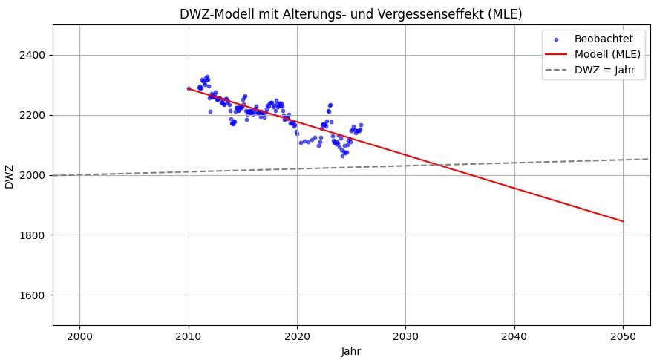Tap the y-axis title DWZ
click(x=10, y=175)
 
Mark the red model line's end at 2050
click(x=623, y=221)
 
